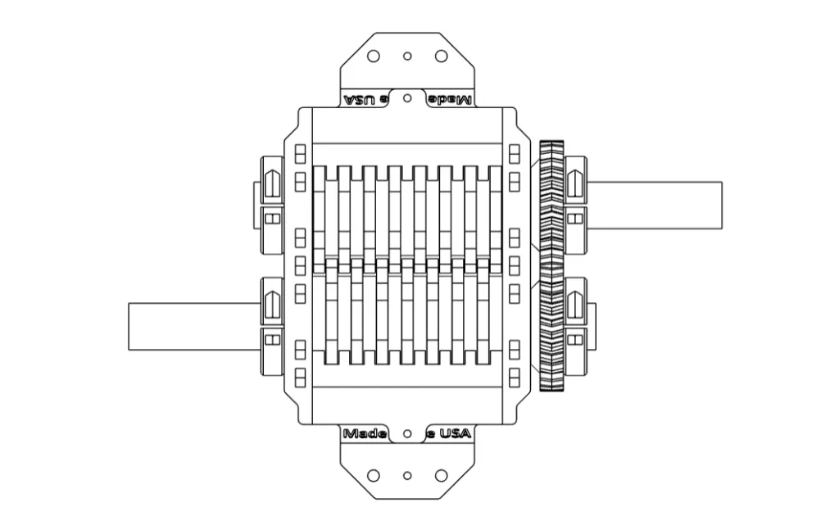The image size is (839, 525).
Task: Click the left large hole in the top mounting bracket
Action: (x=374, y=56)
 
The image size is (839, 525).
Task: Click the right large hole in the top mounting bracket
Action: (x=441, y=56)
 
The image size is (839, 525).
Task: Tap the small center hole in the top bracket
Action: (x=407, y=57)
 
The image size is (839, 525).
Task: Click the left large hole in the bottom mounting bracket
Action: (x=374, y=475)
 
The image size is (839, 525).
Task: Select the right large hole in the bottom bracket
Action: (x=441, y=475)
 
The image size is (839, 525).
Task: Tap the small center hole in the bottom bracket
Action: (x=407, y=475)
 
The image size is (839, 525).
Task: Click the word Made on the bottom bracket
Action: (x=365, y=434)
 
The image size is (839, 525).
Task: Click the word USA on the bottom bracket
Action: (x=451, y=434)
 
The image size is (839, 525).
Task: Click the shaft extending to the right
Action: (x=655, y=206)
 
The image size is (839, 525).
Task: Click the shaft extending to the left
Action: (x=193, y=326)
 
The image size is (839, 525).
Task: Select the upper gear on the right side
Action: (x=552, y=209)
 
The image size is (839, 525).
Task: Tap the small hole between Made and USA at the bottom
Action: (x=407, y=432)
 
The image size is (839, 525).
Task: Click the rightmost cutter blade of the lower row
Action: (x=483, y=311)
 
